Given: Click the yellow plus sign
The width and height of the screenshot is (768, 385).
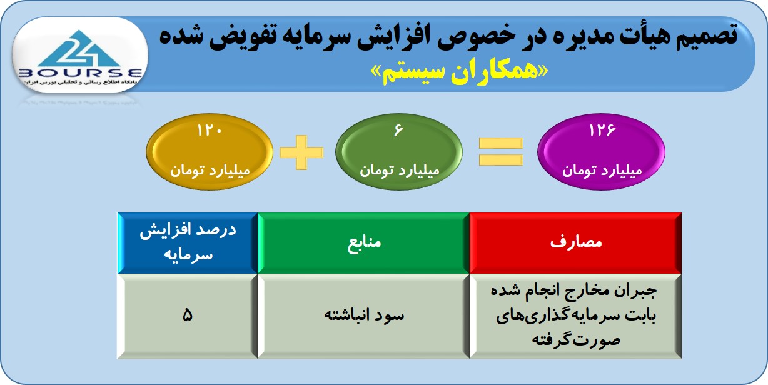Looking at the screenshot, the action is point(301,152).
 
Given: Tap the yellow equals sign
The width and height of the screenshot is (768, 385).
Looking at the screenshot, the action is point(500,151).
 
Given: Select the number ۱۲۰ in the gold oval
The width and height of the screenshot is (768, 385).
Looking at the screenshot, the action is point(209,131).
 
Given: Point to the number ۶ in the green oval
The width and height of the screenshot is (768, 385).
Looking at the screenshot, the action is point(399,130).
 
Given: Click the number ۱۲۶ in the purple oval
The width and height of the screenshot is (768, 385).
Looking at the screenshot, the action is point(602,130).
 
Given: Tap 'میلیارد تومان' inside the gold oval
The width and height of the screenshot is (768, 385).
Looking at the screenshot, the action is point(210,170).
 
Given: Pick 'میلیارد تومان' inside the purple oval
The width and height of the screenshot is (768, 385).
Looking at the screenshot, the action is point(602,170).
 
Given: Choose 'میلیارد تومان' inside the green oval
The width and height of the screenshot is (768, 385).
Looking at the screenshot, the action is point(400,170).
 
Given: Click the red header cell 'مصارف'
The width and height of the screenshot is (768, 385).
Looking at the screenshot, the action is point(575,243).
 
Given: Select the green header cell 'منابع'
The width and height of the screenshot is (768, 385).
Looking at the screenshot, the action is point(363,243).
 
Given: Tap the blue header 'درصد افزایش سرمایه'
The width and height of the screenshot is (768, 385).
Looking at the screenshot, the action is point(188,243).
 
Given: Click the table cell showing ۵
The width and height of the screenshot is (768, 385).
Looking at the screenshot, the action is point(188,316).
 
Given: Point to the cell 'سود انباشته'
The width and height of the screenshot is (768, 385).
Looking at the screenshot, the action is point(363,316).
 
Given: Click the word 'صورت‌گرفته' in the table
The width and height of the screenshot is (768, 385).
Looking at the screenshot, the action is point(576,340).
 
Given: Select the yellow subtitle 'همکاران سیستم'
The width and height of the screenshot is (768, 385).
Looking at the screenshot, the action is point(460,72).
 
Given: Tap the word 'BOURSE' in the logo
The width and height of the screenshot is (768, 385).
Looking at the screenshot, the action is point(80,72).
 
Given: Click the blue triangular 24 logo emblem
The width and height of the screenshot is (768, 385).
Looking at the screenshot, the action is point(79,49).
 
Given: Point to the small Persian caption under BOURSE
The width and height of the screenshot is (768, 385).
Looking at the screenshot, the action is point(80,82).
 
